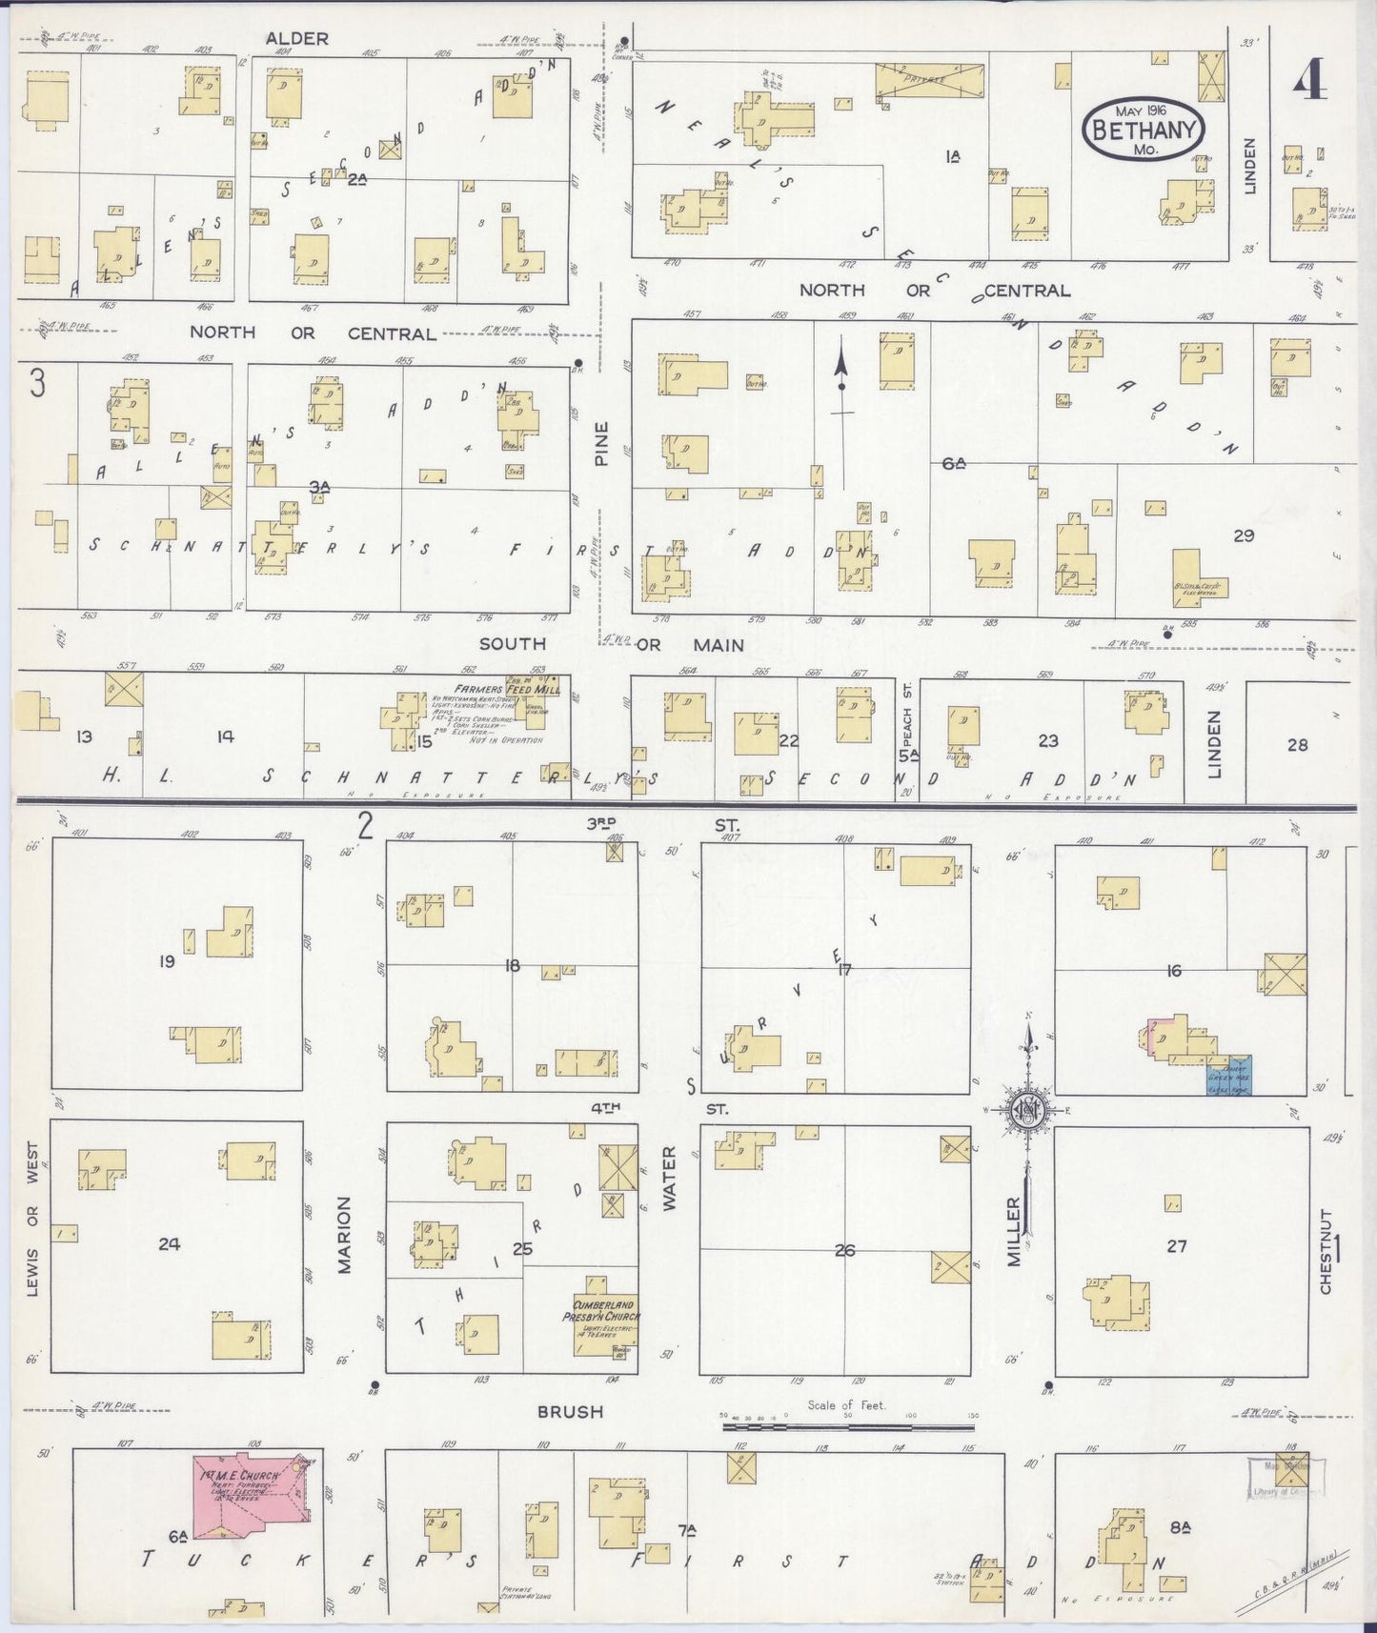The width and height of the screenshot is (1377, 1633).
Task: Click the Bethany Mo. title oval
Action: (1144, 130)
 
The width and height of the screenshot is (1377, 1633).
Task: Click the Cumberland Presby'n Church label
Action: (605, 1310)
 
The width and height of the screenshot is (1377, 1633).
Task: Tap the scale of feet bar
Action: (849, 1426)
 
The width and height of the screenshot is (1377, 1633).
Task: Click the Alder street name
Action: (296, 39)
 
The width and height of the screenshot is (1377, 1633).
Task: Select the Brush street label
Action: (569, 1411)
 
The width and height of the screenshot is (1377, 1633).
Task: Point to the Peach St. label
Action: (908, 727)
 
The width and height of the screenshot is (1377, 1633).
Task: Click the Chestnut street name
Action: (1326, 1251)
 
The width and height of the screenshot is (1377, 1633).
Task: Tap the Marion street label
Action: (345, 1236)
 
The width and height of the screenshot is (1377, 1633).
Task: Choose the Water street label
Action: (669, 1179)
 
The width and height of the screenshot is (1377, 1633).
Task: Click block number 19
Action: (167, 962)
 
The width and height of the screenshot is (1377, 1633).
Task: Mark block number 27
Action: (1177, 1245)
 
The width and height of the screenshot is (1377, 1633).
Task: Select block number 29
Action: (1243, 535)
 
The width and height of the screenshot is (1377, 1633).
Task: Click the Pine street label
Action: (601, 443)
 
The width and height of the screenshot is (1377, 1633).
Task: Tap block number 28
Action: (1297, 745)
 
